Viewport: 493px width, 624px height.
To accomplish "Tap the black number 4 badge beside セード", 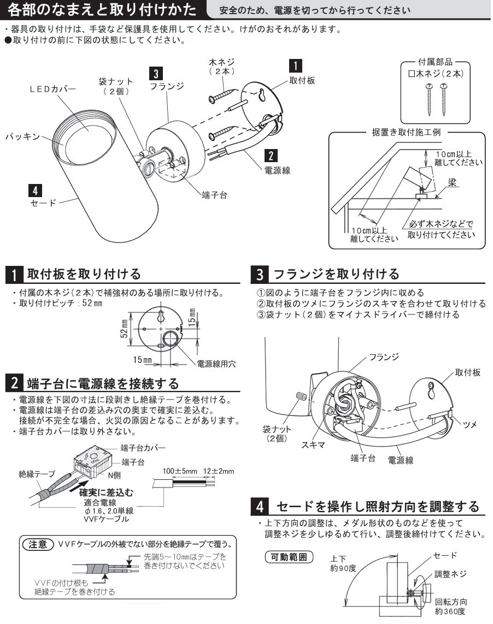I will pos(34,191).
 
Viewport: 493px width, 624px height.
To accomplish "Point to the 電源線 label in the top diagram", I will pos(277,170).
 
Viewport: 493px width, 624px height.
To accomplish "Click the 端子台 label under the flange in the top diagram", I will pos(214,195).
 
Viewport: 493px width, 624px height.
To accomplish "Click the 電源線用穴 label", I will pos(217,364).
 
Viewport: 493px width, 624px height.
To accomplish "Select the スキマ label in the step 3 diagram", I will pos(313,445).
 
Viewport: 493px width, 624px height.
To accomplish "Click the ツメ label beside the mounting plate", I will pos(469,423).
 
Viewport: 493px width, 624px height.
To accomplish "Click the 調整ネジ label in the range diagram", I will pos(450,574).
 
